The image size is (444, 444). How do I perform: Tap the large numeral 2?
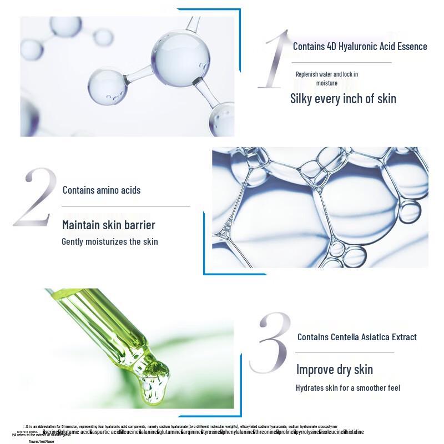(x=35, y=197)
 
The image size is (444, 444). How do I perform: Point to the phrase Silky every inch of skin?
(x=343, y=99)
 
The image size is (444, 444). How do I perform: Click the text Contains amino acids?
(x=102, y=190)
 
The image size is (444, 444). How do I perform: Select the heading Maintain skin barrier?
(x=108, y=225)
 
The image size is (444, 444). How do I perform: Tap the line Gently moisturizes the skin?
(x=109, y=241)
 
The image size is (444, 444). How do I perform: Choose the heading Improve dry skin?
(x=334, y=370)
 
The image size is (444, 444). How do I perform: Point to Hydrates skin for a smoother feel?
(x=347, y=388)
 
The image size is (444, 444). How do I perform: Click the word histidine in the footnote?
(x=354, y=431)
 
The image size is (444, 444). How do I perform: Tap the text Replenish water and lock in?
(x=326, y=74)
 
